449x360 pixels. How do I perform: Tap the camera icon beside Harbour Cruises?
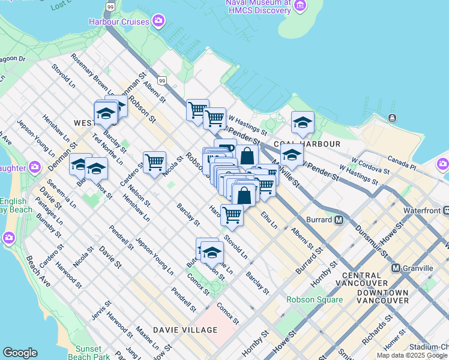(x=158, y=22)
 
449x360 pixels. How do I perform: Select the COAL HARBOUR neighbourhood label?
(x=307, y=144)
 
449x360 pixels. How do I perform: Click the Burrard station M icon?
(x=339, y=220)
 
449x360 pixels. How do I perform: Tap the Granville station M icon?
(x=396, y=268)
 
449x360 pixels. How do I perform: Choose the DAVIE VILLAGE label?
(x=185, y=330)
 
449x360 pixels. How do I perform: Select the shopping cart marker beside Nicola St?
(x=154, y=162)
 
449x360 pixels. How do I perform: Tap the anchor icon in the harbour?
(x=392, y=118)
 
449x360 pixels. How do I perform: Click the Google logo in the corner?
(x=20, y=353)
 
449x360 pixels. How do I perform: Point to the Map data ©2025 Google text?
(x=412, y=355)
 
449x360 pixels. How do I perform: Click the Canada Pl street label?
(x=402, y=161)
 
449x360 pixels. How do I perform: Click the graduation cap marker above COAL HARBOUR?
(x=303, y=122)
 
